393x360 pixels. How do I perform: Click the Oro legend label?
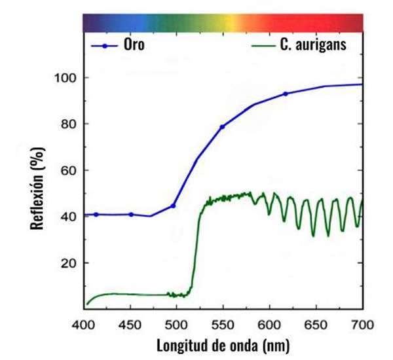tap(134, 45)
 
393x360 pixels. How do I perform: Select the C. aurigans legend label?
tap(313, 45)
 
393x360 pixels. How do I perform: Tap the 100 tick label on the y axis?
tap(65, 78)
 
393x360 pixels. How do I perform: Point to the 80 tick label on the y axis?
tap(68, 124)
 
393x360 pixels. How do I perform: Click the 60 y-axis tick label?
tap(68, 171)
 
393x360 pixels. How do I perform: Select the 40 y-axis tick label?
tap(68, 217)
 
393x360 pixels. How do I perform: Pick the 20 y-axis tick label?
tap(68, 263)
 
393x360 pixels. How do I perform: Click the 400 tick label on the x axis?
tap(83, 325)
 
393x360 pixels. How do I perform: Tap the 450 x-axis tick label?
tap(130, 325)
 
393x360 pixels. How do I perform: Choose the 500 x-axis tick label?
tap(176, 325)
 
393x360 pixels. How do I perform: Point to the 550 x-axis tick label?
tap(223, 325)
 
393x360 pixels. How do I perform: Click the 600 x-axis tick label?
tap(269, 325)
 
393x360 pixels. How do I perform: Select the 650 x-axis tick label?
tap(316, 325)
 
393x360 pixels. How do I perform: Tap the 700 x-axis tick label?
tap(362, 325)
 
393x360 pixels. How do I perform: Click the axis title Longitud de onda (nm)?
tap(223, 346)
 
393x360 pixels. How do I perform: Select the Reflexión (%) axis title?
tap(37, 188)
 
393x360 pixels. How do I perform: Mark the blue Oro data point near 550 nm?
tap(222, 127)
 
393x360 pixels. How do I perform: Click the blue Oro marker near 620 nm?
tap(285, 94)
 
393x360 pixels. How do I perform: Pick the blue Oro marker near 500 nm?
tap(173, 206)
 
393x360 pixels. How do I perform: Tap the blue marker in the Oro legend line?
tap(105, 46)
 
